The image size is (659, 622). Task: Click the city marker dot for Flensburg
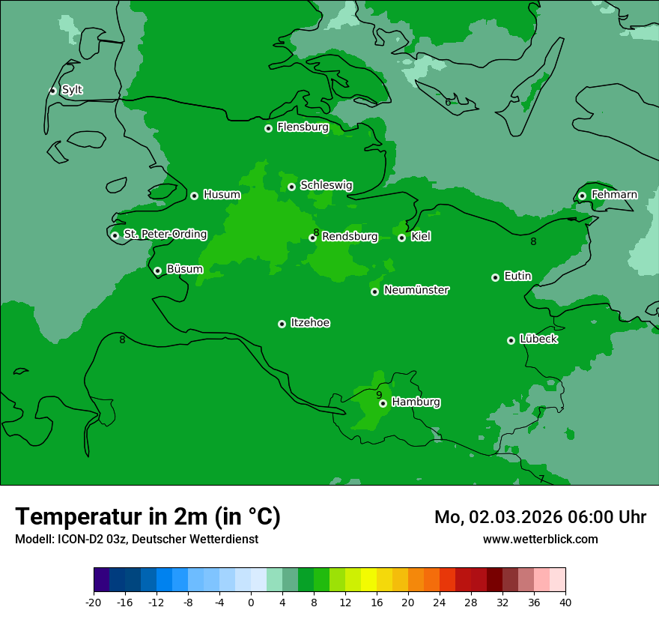click(268, 128)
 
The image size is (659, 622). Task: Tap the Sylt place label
click(72, 90)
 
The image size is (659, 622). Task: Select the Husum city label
click(222, 195)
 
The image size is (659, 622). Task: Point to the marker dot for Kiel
click(402, 238)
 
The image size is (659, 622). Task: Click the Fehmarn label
click(614, 195)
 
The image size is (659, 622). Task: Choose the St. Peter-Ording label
click(165, 235)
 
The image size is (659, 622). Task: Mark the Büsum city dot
click(157, 271)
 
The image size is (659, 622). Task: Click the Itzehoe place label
click(310, 323)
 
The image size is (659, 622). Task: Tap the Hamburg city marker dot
click(383, 403)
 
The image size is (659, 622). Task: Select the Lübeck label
click(538, 339)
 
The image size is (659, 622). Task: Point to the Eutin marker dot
click(495, 277)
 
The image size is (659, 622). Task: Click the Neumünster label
click(416, 290)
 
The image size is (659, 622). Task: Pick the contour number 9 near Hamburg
click(379, 395)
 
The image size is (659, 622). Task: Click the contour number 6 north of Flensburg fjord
click(448, 102)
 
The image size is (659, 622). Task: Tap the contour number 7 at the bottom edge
click(541, 479)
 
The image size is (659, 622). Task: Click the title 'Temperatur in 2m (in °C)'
click(148, 516)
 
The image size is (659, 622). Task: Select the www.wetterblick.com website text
click(540, 539)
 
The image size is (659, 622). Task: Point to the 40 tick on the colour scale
click(565, 602)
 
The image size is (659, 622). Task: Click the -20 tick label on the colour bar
click(94, 602)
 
